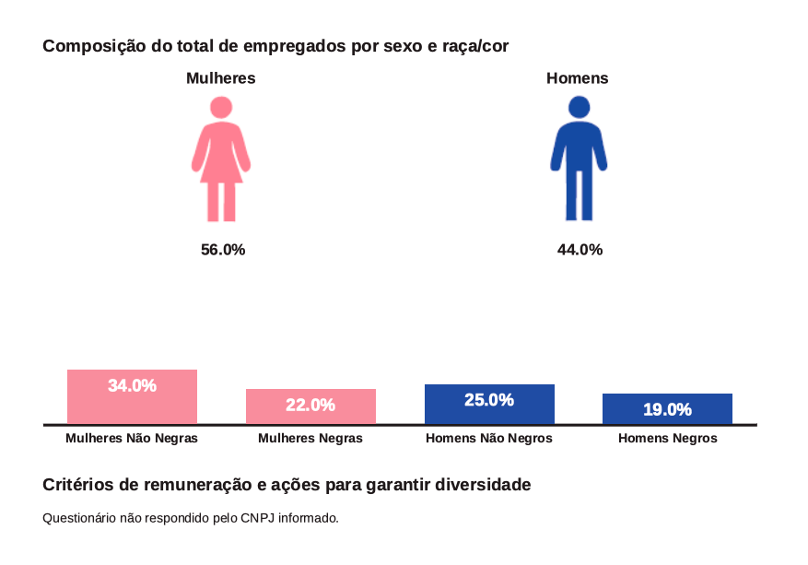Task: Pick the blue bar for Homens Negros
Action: (667, 416)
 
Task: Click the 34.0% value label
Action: (132, 386)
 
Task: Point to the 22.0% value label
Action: (310, 406)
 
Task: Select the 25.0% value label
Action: (489, 400)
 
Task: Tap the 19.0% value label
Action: (667, 409)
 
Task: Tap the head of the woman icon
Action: (221, 107)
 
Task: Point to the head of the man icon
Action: (579, 107)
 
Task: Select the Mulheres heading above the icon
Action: (221, 78)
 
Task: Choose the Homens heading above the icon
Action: (578, 78)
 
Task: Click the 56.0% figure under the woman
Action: (223, 250)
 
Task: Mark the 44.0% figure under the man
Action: (580, 250)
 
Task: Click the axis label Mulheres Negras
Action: (310, 439)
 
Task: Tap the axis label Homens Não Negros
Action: (489, 439)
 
